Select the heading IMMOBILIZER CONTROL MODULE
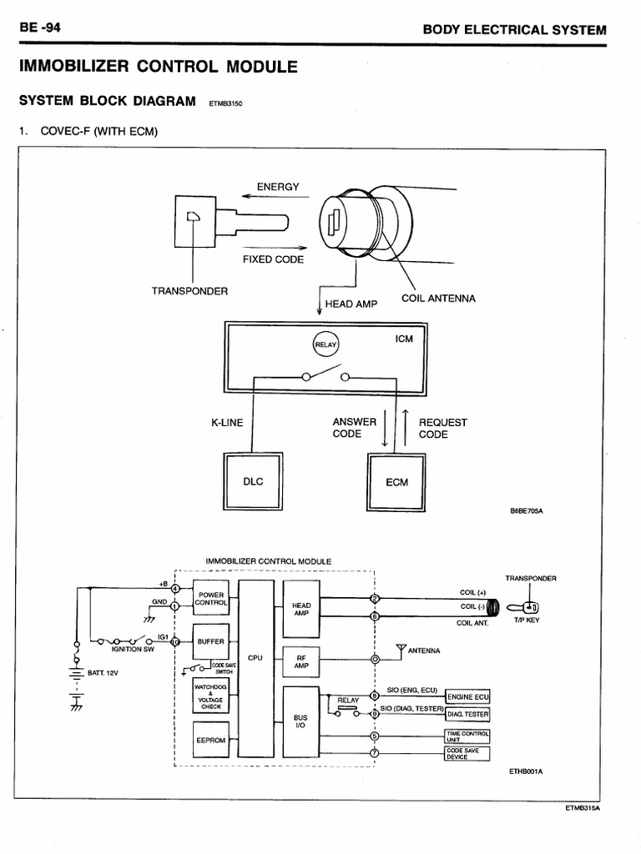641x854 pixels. (153, 67)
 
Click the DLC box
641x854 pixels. (253, 481)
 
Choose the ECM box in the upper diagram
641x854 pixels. (396, 482)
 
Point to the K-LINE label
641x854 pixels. (227, 423)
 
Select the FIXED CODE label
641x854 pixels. (273, 259)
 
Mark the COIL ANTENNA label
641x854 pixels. (438, 299)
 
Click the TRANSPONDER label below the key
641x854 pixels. (189, 291)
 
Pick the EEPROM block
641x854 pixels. (209, 739)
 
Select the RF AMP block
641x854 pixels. (301, 661)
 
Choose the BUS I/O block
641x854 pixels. (301, 721)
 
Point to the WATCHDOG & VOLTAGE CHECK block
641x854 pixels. (209, 695)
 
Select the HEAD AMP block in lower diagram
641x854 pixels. (301, 609)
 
